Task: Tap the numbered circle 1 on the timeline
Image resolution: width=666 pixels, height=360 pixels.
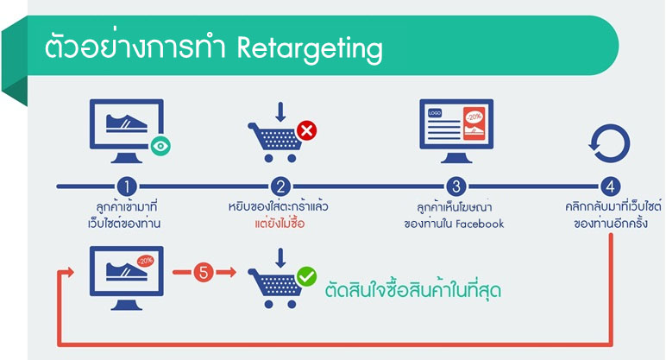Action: tap(126, 186)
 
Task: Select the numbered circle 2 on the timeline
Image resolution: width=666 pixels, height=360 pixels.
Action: tap(280, 186)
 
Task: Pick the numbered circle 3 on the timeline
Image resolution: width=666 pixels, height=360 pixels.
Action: tap(456, 186)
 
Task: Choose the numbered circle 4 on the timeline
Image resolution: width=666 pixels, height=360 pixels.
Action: tap(610, 186)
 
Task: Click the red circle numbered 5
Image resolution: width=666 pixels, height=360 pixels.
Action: tap(204, 272)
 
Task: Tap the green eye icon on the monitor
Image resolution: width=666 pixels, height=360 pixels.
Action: tap(160, 146)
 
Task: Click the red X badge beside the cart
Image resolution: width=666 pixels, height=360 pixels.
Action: tap(306, 130)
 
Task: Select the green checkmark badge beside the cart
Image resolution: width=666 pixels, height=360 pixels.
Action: tap(306, 277)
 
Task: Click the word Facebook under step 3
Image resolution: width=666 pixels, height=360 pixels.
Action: tap(479, 224)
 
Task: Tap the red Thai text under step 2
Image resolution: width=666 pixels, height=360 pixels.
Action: tap(280, 224)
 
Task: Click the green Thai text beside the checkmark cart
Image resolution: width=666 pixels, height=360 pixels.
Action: tap(413, 291)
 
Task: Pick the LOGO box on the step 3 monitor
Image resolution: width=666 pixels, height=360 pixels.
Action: tap(435, 113)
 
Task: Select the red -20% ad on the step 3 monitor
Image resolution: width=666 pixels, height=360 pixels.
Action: tap(474, 123)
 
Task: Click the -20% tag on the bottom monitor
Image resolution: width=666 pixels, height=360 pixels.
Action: tap(145, 261)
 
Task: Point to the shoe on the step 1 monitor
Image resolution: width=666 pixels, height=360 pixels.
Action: tap(127, 123)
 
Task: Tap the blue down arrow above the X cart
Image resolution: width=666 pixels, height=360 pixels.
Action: tap(280, 112)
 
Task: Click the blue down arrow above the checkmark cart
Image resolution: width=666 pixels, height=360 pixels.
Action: tap(280, 258)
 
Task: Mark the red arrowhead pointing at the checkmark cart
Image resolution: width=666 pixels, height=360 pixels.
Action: tap(232, 272)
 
